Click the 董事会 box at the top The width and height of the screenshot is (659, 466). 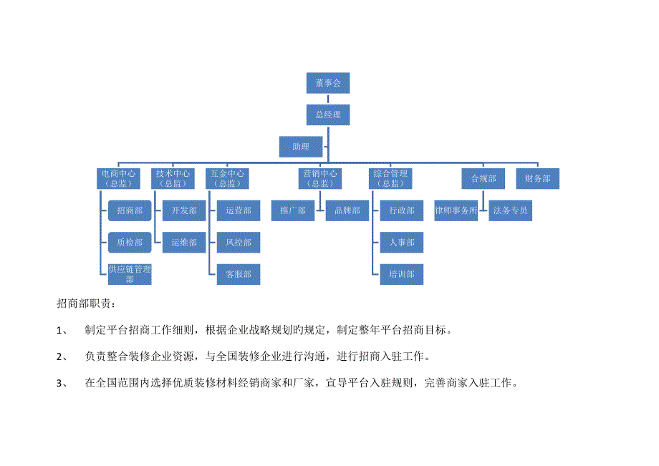pos(328,83)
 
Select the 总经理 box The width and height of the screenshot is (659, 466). pos(328,115)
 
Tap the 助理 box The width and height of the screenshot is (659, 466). pos(301,147)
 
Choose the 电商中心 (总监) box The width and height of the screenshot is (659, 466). pos(118,178)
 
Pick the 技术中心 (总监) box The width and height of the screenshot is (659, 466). pos(173,178)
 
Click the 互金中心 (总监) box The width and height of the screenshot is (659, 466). pos(227,178)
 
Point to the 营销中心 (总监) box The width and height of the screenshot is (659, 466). pos(320,178)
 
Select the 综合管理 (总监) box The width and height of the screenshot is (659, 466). pos(390,178)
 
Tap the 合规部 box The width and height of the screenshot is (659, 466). pos(484,178)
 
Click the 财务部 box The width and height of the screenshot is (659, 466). pos(537,178)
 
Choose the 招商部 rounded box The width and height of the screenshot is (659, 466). pos(130,210)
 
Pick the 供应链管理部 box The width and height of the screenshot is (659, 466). pos(130,274)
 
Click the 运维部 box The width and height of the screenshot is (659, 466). pos(184,242)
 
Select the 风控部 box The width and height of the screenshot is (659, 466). pos(239,242)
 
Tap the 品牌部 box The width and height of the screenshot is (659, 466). pos(347,210)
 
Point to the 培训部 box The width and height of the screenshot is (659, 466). pos(402,274)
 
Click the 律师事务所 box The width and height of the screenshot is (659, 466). pos(456,210)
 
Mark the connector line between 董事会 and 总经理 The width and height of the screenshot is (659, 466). pos(328,99)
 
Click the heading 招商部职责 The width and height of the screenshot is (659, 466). pos(86,304)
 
